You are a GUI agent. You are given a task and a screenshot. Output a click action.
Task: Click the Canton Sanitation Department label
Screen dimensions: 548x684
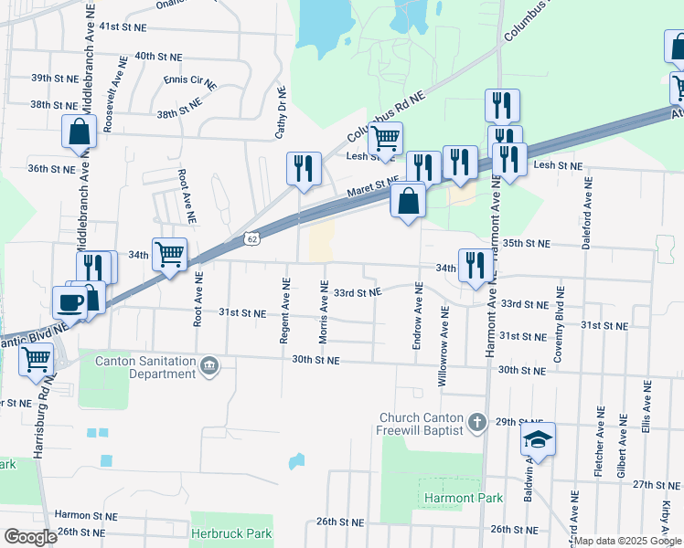click(146, 367)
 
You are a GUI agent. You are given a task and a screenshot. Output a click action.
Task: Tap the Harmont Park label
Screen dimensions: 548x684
click(452, 498)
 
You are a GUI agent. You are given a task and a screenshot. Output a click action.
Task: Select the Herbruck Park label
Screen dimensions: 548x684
click(232, 532)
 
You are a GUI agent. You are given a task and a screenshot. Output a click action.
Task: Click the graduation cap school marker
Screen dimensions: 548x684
click(539, 441)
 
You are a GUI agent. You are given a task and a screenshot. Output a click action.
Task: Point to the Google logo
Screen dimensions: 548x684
click(30, 536)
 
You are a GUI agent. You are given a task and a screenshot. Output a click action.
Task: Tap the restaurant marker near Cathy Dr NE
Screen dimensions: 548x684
click(304, 168)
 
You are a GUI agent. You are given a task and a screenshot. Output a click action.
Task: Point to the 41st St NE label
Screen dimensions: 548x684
click(123, 28)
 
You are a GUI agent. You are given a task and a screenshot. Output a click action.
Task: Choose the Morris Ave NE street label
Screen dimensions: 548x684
click(324, 312)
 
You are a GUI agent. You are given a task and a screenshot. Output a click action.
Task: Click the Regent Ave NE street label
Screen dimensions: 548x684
click(284, 311)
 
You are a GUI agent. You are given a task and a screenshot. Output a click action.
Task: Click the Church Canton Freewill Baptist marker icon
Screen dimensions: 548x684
click(476, 422)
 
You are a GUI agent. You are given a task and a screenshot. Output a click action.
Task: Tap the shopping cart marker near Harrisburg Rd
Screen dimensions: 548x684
click(37, 360)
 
